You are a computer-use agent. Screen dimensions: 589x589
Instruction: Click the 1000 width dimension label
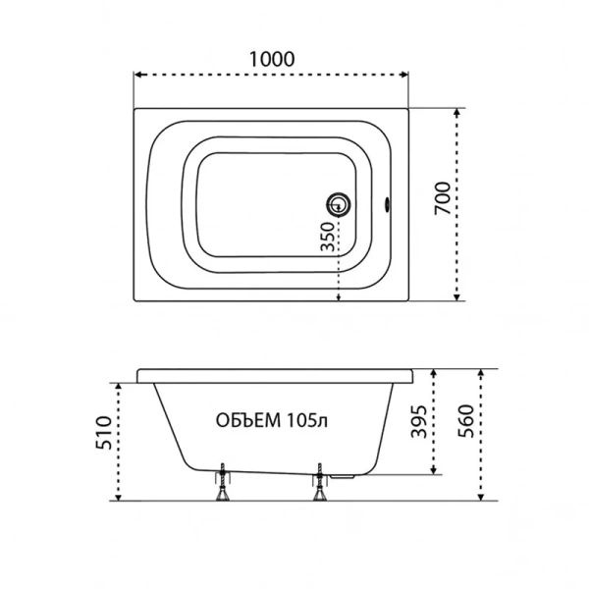270,58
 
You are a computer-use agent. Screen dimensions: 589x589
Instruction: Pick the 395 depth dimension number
418,420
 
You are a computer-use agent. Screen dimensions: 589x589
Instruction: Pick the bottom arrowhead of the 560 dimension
482,498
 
